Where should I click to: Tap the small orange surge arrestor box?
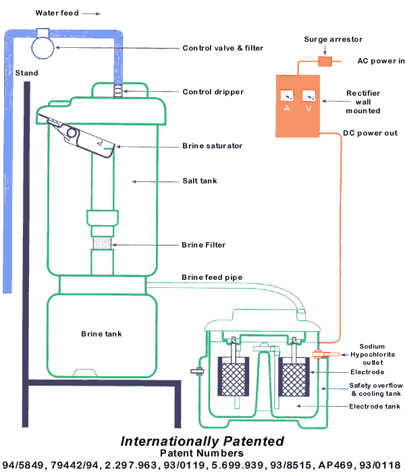324,61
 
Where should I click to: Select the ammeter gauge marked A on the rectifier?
286,99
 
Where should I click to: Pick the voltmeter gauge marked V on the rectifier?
309,99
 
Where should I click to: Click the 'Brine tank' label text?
101,334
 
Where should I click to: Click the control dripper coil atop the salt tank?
117,90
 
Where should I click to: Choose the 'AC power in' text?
380,61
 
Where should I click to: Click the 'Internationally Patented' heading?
202,441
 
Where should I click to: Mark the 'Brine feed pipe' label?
211,278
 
